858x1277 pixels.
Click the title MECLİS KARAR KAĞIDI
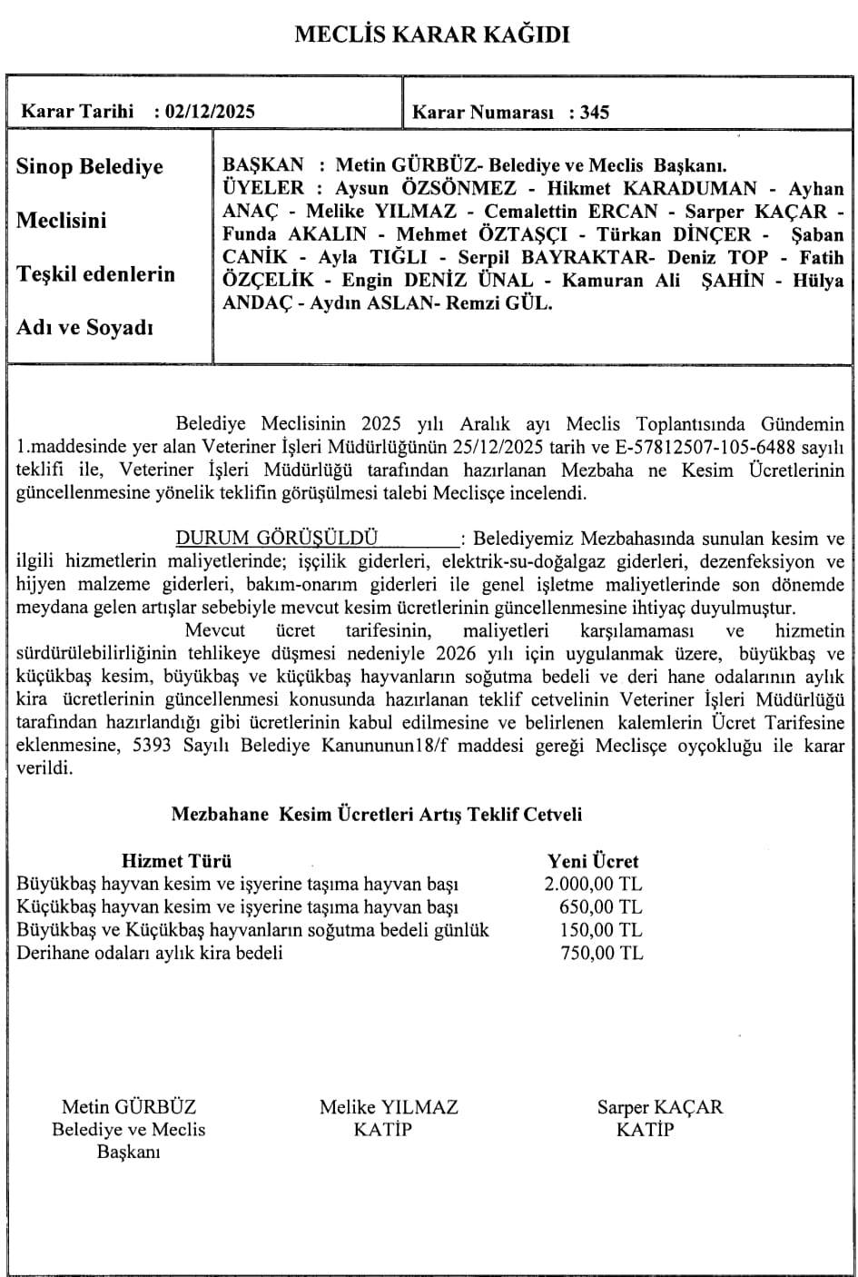click(431, 35)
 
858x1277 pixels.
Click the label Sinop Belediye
click(90, 167)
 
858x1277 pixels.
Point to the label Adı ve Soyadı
click(84, 328)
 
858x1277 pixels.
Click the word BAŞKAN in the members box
click(263, 165)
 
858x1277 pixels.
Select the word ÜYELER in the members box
click(263, 189)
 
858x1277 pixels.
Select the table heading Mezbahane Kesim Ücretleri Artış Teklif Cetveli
click(377, 814)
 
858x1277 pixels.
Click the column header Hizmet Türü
click(176, 861)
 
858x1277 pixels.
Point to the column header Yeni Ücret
click(593, 861)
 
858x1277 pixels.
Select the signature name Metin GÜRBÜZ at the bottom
click(129, 1107)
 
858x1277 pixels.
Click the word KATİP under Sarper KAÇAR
click(646, 1130)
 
